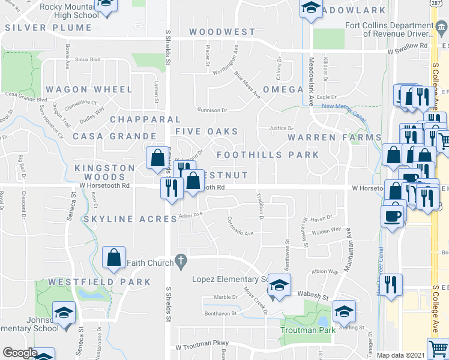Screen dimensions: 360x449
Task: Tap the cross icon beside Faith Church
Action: point(179,261)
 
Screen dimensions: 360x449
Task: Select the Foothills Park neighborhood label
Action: point(267,155)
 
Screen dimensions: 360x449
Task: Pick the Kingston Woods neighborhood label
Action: point(104,172)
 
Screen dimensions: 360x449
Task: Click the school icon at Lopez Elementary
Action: point(279,285)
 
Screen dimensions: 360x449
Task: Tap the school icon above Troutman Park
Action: point(344,311)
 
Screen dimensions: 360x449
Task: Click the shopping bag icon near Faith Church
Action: point(113,257)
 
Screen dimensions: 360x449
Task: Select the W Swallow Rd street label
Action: point(408,45)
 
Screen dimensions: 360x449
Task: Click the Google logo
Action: point(20,353)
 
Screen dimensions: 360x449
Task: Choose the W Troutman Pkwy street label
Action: point(195,347)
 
